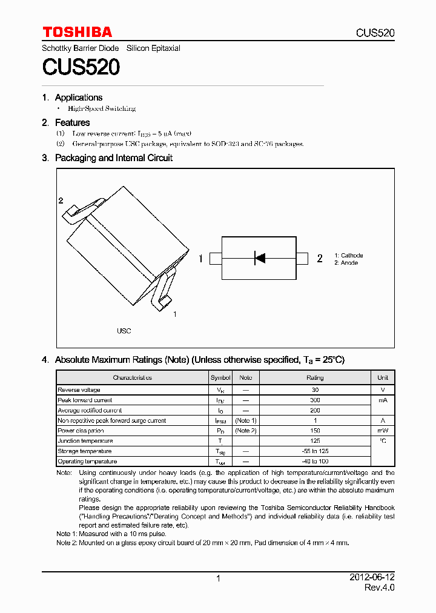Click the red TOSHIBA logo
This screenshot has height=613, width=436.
[x=77, y=32]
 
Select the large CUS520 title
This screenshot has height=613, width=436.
[x=81, y=67]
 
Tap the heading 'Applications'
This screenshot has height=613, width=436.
[x=79, y=98]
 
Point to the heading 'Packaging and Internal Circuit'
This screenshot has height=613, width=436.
[x=114, y=158]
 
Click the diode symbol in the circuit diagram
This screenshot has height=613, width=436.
[x=259, y=259]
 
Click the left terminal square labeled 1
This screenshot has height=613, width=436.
[x=216, y=259]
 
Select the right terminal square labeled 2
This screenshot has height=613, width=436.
[x=302, y=259]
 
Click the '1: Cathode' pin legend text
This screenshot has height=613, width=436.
[x=348, y=256]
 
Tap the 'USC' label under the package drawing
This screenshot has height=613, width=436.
[x=124, y=331]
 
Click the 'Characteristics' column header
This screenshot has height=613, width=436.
[x=132, y=377]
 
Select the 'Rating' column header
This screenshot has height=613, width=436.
[x=315, y=377]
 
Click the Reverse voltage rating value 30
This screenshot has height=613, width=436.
[x=315, y=390]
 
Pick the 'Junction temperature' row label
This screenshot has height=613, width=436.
[x=85, y=441]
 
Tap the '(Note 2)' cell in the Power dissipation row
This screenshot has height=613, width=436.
[x=246, y=431]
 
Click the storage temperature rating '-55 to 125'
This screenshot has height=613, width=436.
[x=315, y=451]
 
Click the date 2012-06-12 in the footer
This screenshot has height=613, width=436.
[x=372, y=578]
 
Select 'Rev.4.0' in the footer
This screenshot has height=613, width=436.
[x=379, y=588]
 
